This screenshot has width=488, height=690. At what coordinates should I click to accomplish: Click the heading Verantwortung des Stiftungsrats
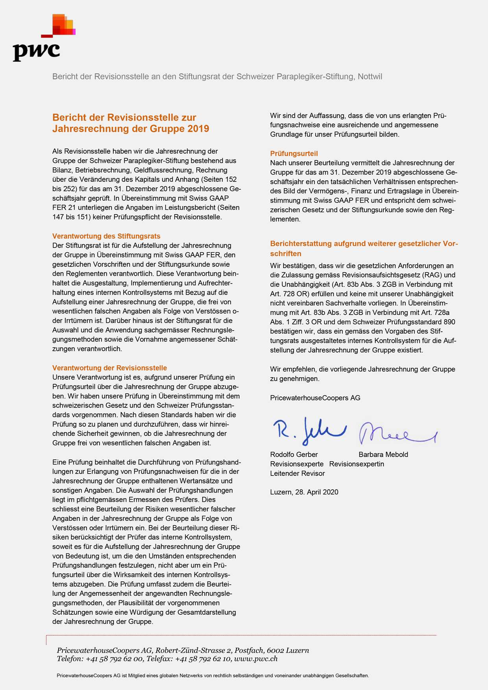106,236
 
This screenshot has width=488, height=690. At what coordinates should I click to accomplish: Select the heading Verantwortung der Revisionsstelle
109,368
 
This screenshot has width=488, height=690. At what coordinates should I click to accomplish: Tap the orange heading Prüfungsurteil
294,154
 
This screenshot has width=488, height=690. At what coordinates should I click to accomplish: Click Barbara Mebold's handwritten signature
396,433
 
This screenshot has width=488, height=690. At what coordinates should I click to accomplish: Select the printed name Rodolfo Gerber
294,455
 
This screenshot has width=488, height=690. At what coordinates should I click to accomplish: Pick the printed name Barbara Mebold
383,455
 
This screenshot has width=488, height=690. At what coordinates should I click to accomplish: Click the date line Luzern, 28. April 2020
304,492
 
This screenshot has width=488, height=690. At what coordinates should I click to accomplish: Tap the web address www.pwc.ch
256,659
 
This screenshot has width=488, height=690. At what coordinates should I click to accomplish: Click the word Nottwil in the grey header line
370,76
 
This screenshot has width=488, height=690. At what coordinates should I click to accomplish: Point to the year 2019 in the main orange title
198,129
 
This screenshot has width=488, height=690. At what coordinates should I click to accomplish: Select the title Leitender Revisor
297,474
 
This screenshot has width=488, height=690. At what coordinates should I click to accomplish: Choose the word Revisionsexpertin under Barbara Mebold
357,464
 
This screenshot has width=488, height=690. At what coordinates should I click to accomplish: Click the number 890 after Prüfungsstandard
449,322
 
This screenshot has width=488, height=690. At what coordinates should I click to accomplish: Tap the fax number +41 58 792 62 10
203,659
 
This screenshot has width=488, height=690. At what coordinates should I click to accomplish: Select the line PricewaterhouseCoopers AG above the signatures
315,398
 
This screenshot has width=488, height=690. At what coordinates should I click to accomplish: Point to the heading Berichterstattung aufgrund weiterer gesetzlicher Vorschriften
364,248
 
